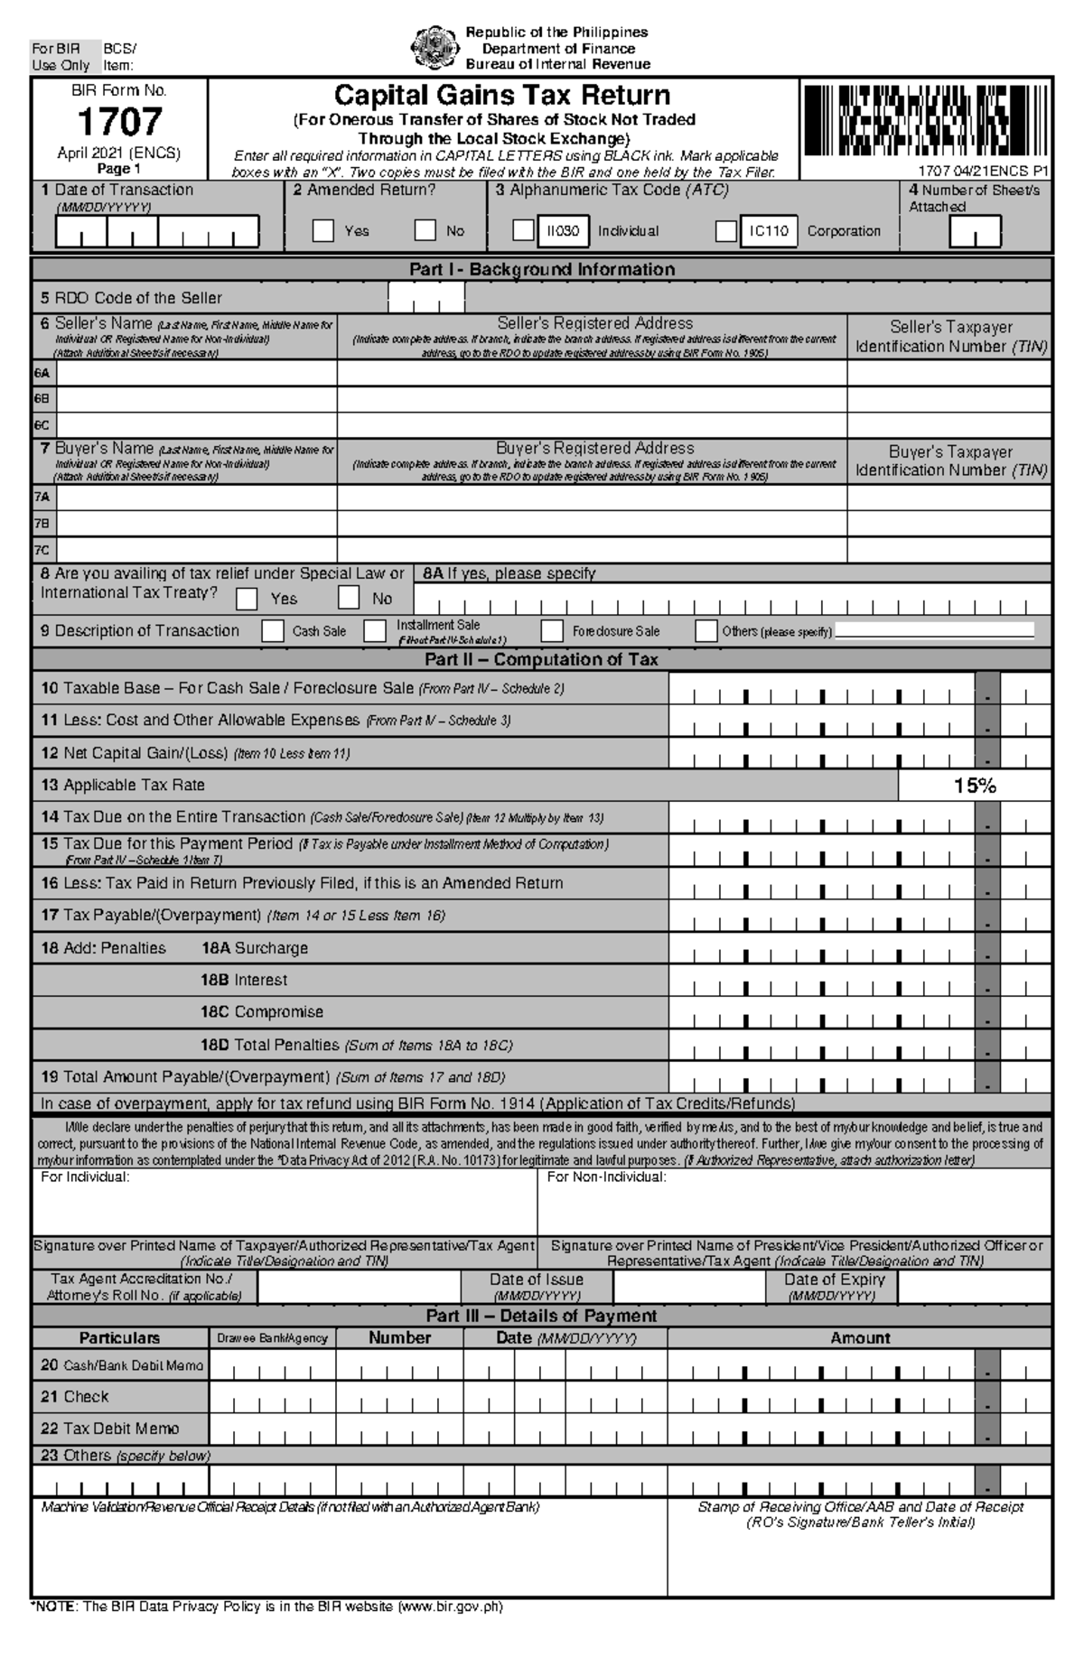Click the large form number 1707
tap(119, 122)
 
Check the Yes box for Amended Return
tap(323, 231)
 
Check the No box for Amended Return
tap(425, 231)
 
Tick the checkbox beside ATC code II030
tap(523, 231)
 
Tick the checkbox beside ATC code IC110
tap(725, 231)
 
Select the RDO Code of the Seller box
tap(426, 298)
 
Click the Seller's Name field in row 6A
tap(197, 373)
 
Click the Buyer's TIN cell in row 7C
tap(948, 550)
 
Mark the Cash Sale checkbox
tap(273, 631)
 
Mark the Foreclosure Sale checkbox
tap(552, 631)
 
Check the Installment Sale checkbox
tap(375, 631)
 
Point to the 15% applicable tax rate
tap(975, 786)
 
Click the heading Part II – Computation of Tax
tap(542, 660)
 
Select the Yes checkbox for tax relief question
tap(247, 599)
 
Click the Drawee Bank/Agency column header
tap(272, 1338)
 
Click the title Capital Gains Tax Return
tap(502, 96)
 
